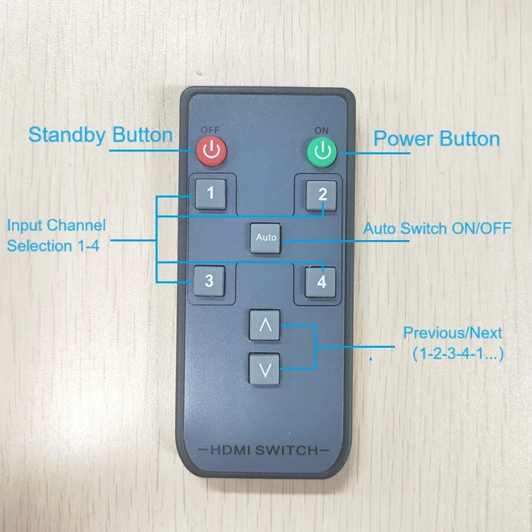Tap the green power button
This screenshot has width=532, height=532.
(x=322, y=152)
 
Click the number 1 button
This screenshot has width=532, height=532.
(x=211, y=194)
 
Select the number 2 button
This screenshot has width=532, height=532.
(x=321, y=196)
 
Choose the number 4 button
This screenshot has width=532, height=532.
(x=321, y=282)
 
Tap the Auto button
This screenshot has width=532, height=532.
(x=265, y=238)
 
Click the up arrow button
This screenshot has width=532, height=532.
(x=265, y=325)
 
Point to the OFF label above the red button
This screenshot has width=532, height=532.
(x=210, y=130)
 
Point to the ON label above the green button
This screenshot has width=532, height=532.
(x=321, y=130)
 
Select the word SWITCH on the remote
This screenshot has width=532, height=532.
(x=287, y=451)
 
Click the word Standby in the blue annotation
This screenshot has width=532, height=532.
(x=67, y=136)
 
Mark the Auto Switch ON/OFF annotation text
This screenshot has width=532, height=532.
(x=437, y=228)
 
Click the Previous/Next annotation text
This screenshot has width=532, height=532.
(x=453, y=333)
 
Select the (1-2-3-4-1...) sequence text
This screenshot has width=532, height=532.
(x=458, y=354)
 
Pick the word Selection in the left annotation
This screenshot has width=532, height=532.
(x=39, y=246)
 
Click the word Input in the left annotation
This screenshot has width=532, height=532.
(x=25, y=226)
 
